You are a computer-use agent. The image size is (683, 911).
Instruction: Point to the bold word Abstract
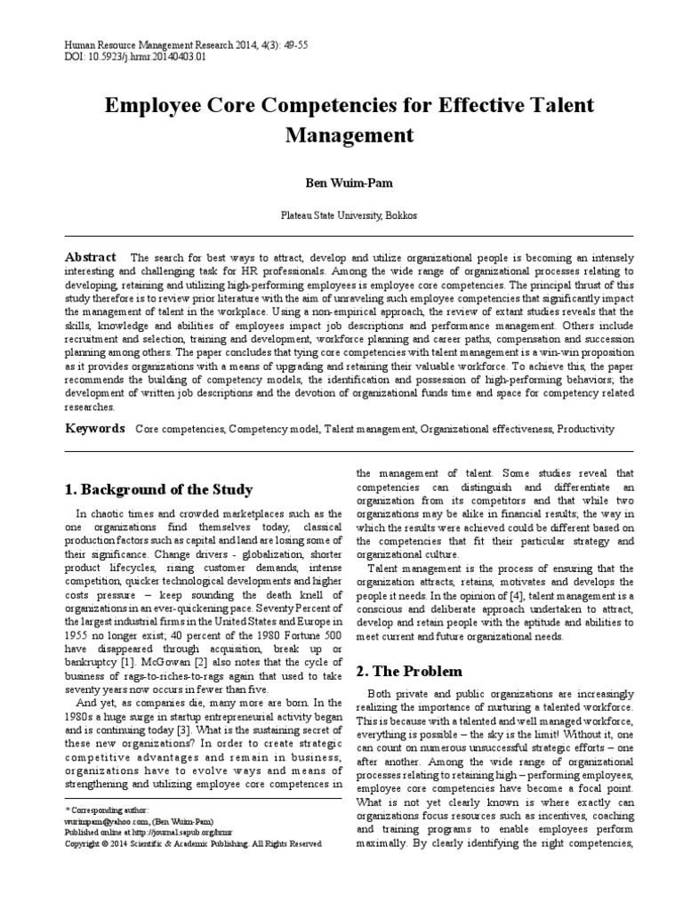tap(92, 257)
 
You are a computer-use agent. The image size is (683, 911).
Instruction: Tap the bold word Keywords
tap(95, 429)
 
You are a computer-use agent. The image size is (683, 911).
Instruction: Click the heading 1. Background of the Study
tap(158, 489)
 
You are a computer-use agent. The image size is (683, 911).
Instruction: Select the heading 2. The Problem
tap(409, 671)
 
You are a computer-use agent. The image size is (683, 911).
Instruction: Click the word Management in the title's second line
tap(349, 135)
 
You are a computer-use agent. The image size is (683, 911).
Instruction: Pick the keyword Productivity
tap(585, 430)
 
